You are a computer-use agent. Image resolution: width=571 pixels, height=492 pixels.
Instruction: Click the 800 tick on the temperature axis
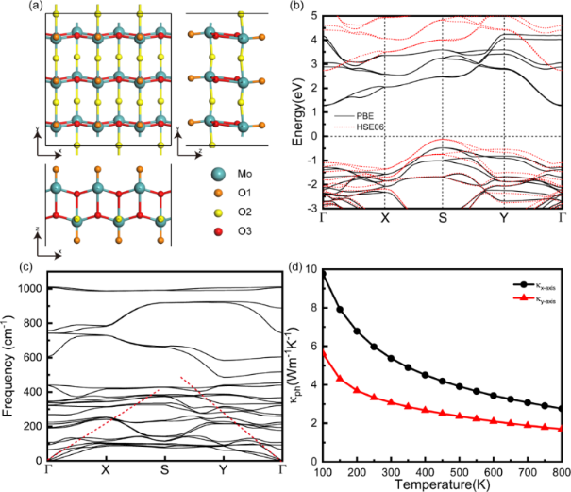click(x=561, y=471)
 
